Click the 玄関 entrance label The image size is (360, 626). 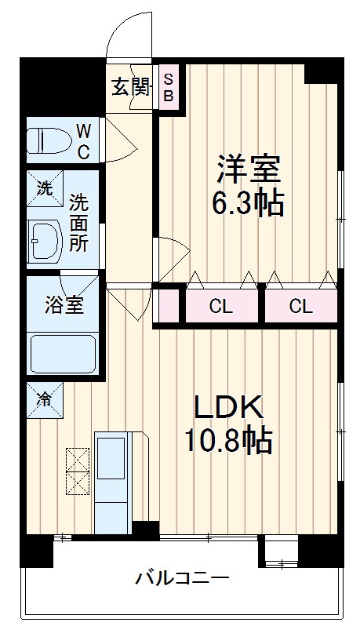pos(129,87)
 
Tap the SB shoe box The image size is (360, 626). pos(169,87)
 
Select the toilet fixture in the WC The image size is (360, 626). pos(47,140)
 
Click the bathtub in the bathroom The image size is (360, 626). pos(63,353)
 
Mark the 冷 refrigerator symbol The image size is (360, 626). pos(44,399)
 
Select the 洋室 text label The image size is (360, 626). pos(248,169)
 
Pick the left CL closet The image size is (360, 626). pos(221,306)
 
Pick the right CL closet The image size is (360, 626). pos(300,306)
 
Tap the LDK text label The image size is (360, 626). pos(231,409)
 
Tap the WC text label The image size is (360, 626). pos(83,139)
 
